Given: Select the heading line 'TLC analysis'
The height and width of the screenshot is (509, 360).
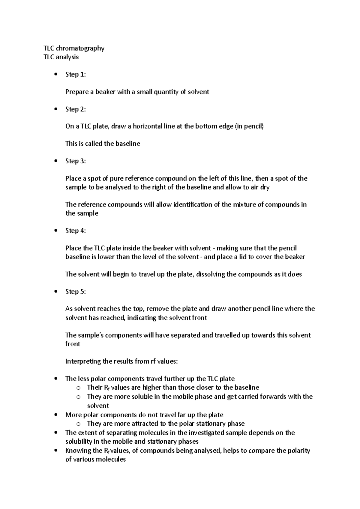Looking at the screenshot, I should click(x=61, y=57).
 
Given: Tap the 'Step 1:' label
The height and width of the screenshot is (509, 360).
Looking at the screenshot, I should click(x=76, y=75).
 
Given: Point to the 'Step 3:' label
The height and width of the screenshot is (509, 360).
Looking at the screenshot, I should click(x=76, y=161).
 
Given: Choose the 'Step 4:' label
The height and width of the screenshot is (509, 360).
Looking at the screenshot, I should click(x=76, y=231).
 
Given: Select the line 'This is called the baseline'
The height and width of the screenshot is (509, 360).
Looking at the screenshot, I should click(x=103, y=144).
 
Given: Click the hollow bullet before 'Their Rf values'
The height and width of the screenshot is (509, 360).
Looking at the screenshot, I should click(x=79, y=388).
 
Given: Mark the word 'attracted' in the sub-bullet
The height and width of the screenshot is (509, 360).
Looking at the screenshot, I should click(x=147, y=424).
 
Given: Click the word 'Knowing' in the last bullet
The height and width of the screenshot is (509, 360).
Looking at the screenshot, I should click(x=77, y=451).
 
